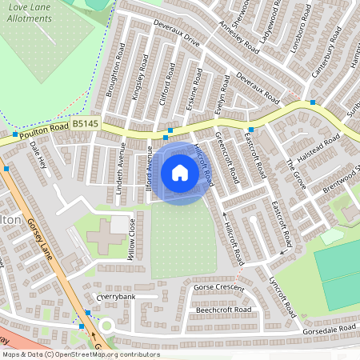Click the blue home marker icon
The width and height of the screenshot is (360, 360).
tap(180, 173)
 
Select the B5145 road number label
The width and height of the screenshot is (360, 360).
tap(85, 124)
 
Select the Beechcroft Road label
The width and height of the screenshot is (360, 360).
tap(223, 310)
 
